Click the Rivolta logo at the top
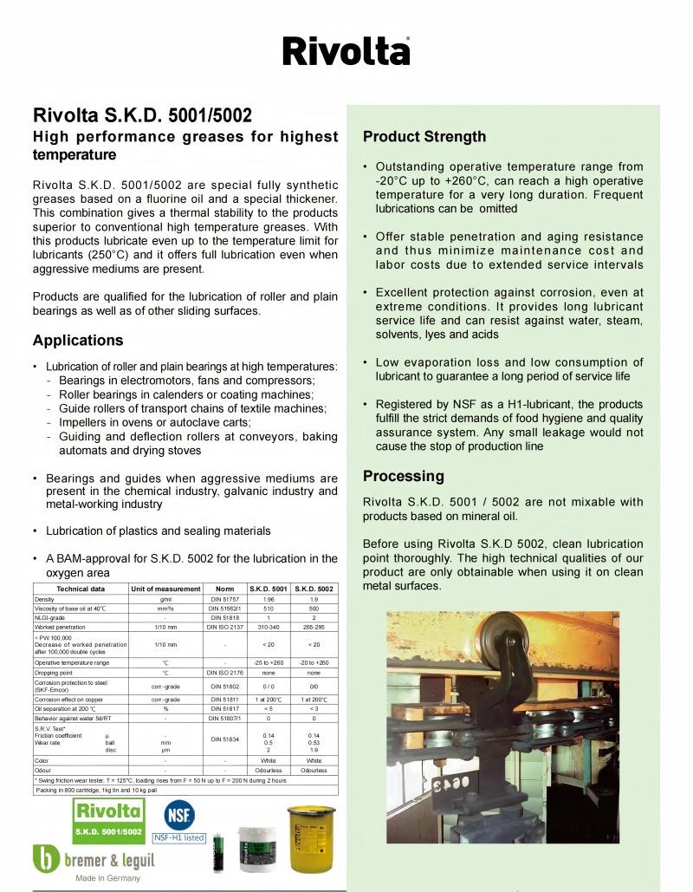click(346, 51)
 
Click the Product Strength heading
click(424, 137)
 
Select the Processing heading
click(403, 476)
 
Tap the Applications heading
click(78, 340)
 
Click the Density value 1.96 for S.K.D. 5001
click(269, 599)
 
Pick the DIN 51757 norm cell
click(224, 599)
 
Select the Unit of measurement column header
click(165, 589)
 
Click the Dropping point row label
click(52, 672)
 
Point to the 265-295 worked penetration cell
click(314, 625)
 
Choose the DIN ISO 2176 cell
click(224, 672)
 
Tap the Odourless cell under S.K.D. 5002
click(314, 770)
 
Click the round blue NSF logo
click(179, 815)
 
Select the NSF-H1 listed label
click(179, 838)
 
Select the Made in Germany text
click(107, 878)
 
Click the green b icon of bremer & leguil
click(46, 858)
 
